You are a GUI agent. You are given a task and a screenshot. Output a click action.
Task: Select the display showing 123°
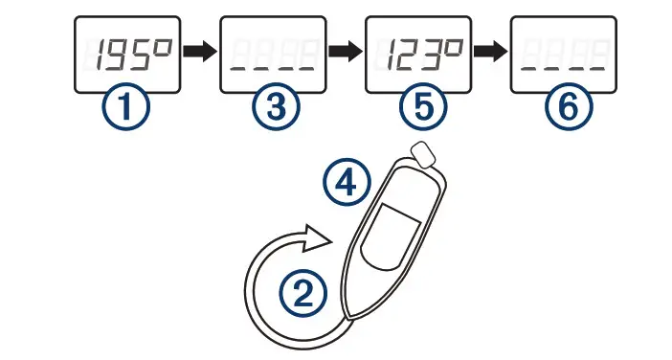416,55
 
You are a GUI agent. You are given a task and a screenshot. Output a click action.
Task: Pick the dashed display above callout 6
562,55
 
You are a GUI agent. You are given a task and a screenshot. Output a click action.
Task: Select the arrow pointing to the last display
489,55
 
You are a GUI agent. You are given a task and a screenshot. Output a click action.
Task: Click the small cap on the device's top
420,152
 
